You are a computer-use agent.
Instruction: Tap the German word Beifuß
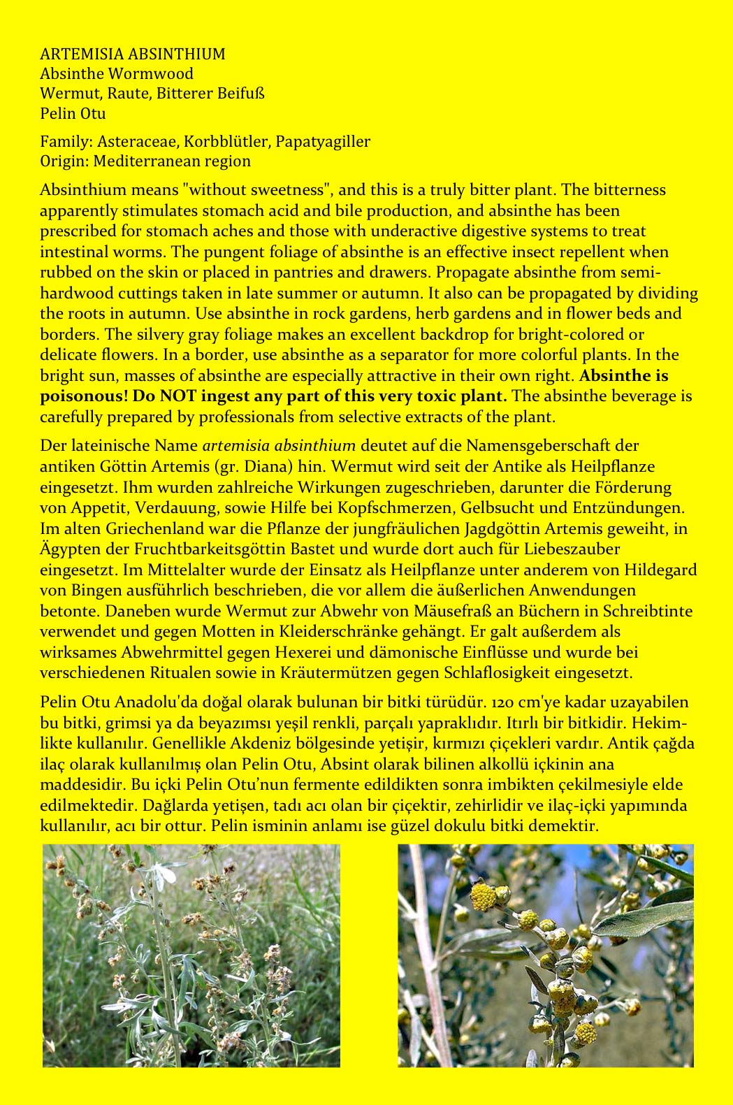[240, 93]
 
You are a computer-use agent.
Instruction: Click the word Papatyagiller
[323, 141]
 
